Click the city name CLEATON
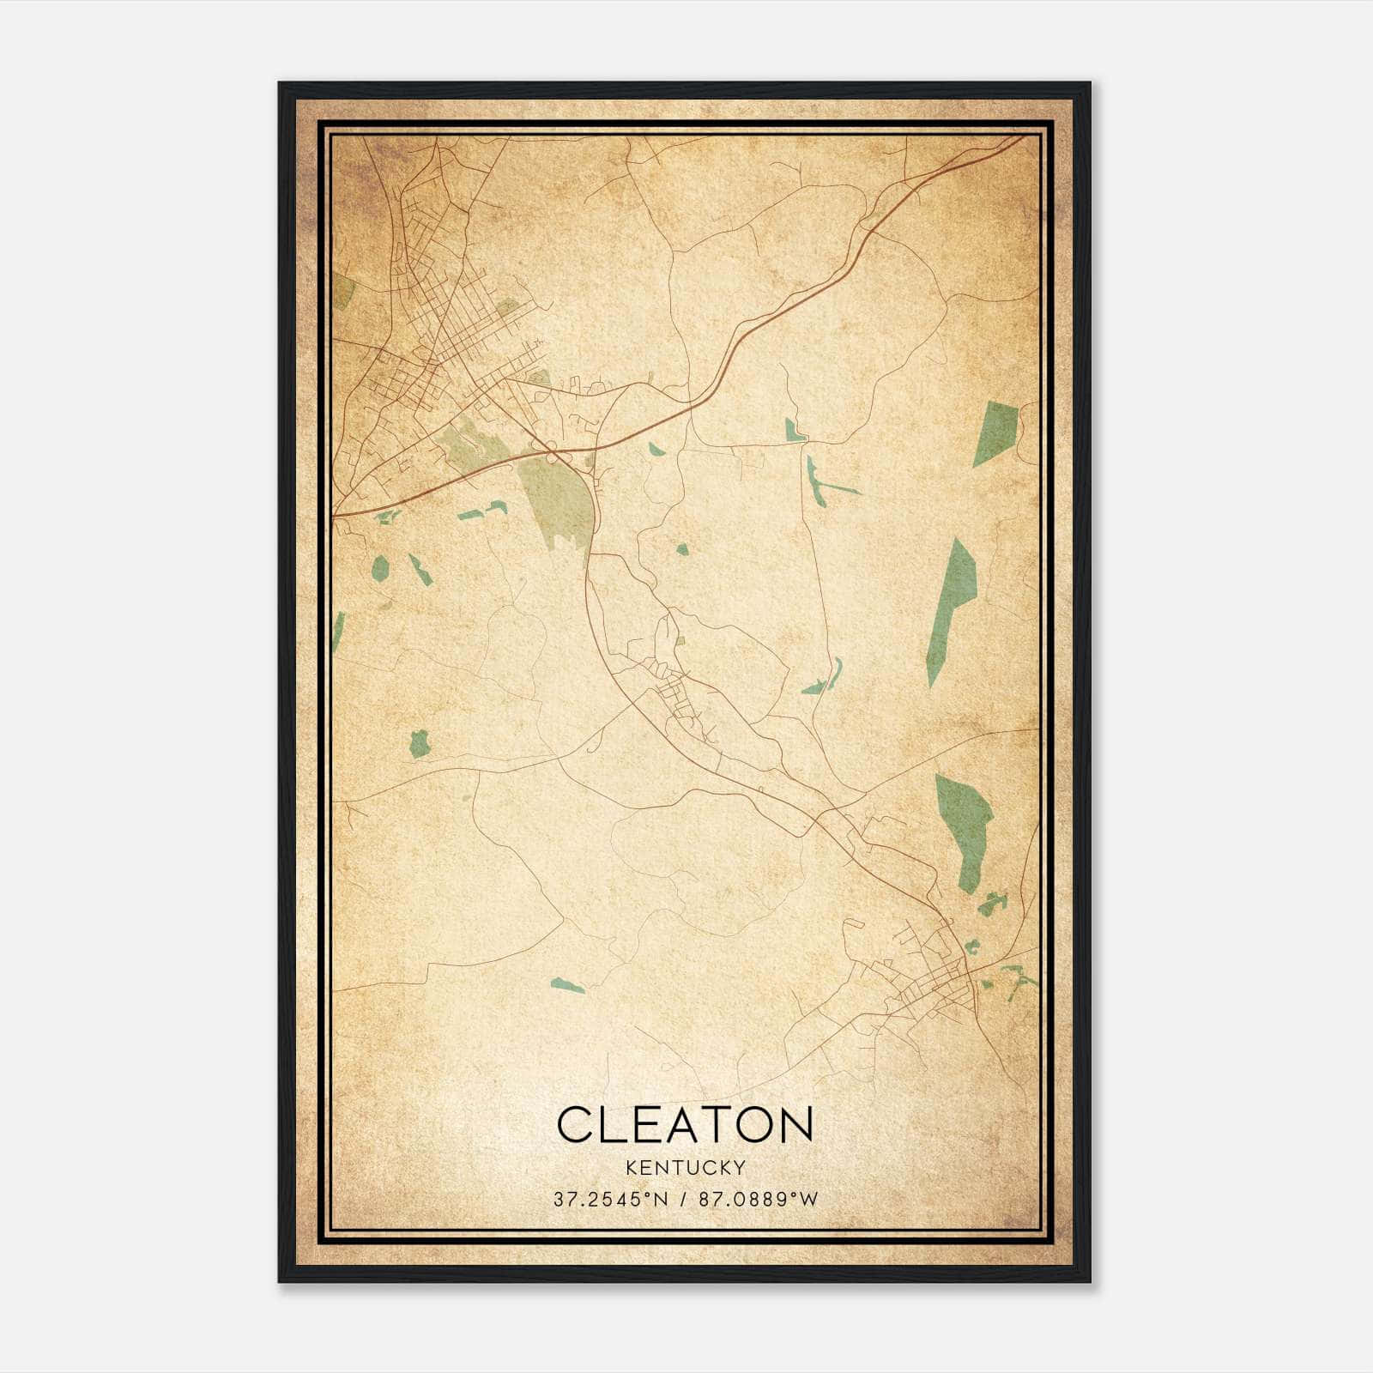click(685, 1124)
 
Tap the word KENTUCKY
click(685, 1167)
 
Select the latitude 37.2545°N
click(609, 1199)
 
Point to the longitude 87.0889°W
click(759, 1199)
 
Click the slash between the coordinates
click(683, 1199)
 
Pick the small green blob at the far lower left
click(419, 743)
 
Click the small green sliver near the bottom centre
click(568, 985)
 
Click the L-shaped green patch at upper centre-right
click(794, 432)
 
